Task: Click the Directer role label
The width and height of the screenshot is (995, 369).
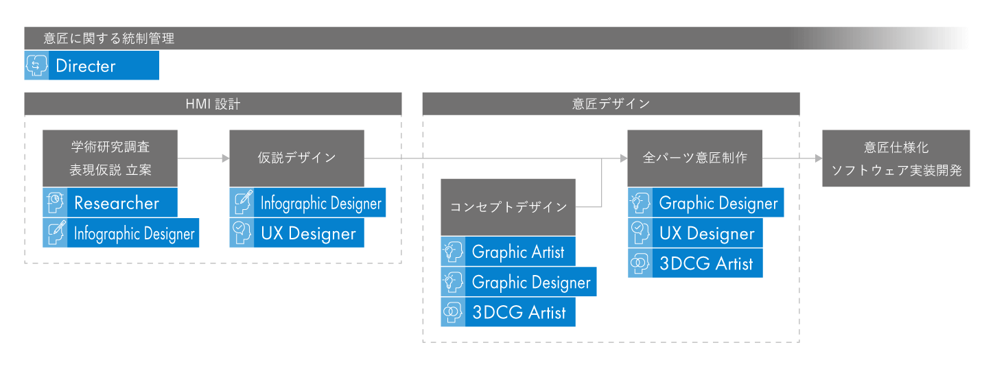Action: (85, 66)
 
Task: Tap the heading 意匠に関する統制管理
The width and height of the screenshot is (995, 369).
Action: (109, 38)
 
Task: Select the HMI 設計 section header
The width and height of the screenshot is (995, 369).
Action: (213, 104)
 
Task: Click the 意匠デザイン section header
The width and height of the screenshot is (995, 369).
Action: (611, 104)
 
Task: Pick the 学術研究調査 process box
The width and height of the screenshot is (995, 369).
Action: (110, 158)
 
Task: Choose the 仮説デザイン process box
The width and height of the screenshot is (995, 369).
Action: (296, 158)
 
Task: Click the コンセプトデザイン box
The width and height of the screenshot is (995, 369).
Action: (508, 206)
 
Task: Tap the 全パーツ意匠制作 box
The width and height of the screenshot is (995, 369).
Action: (694, 158)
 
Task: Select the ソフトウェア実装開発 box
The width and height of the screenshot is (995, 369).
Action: (896, 158)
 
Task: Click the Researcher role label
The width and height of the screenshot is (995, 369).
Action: (117, 203)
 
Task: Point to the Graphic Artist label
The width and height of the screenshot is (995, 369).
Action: (517, 252)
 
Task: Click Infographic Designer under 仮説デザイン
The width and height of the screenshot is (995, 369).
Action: (320, 204)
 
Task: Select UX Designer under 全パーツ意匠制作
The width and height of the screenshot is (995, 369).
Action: (707, 234)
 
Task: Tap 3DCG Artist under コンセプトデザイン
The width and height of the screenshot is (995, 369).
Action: (519, 313)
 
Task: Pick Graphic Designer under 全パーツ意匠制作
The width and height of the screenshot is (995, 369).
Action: (718, 204)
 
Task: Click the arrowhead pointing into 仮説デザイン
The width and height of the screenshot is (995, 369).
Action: (226, 158)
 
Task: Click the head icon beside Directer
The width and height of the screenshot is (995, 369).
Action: (36, 66)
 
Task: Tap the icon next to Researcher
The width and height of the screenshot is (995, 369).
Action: (55, 203)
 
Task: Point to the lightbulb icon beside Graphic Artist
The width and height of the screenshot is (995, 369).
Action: (452, 252)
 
